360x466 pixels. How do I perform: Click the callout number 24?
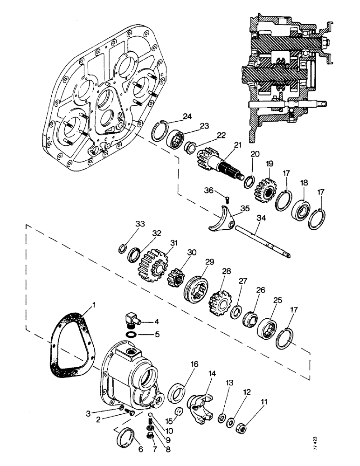(x=187, y=116)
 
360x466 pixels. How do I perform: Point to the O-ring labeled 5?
(x=132, y=335)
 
